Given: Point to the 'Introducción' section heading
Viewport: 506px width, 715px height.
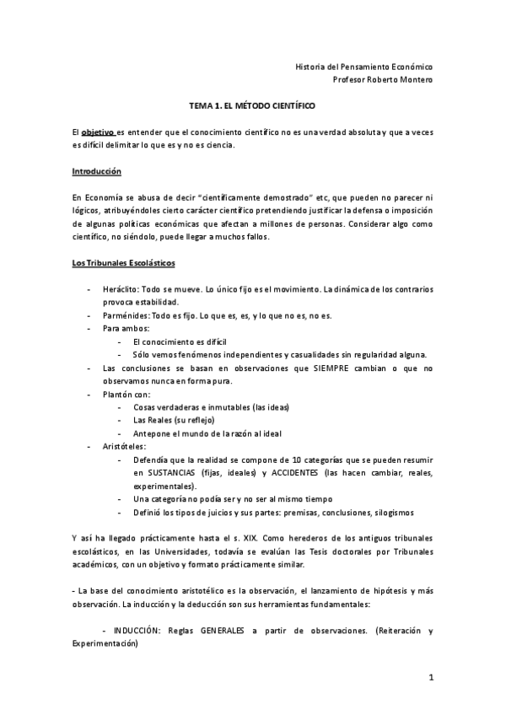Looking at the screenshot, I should [97, 171].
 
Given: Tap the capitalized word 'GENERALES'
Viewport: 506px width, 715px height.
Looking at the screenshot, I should [228, 632].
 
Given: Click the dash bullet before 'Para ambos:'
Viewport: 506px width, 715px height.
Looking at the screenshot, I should [90, 328].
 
